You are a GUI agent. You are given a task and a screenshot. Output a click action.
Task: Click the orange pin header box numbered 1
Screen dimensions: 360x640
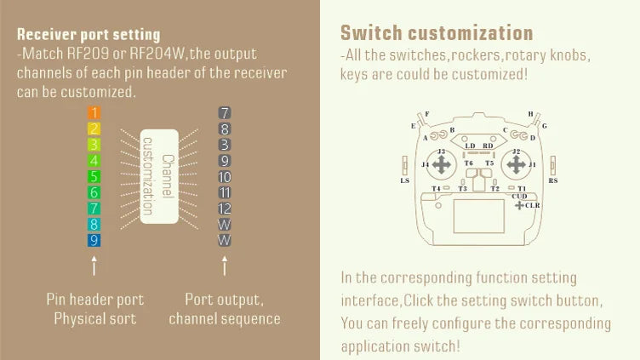tap(94, 112)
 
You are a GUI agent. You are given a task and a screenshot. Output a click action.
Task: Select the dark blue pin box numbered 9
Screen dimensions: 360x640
tap(94, 241)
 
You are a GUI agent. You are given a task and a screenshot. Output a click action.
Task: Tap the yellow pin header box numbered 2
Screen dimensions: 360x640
tap(94, 129)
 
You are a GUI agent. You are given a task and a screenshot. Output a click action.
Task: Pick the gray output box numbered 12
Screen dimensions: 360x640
tap(225, 209)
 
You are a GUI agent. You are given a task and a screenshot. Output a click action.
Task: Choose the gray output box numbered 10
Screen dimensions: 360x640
tap(225, 177)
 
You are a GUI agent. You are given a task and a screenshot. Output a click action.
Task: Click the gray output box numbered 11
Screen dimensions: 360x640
tap(225, 193)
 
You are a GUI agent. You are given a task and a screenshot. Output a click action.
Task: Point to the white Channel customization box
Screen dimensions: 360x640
tap(159, 176)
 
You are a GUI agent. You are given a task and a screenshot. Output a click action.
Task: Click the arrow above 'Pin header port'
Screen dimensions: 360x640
tap(94, 266)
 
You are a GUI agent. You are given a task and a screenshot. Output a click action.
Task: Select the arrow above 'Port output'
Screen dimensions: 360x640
tap(225, 266)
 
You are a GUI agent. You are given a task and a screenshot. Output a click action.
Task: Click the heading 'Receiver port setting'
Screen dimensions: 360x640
tap(89, 35)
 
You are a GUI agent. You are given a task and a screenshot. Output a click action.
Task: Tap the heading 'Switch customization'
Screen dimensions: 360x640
tap(437, 33)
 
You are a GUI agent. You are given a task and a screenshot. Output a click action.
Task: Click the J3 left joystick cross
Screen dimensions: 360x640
tap(440, 164)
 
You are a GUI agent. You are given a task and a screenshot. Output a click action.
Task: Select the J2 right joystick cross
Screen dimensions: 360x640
tap(516, 163)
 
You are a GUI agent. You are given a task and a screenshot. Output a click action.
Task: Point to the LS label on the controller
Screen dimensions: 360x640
tap(404, 180)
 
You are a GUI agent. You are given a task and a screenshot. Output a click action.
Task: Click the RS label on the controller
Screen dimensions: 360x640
tap(553, 180)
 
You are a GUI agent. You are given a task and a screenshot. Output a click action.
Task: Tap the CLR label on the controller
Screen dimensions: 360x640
tap(532, 205)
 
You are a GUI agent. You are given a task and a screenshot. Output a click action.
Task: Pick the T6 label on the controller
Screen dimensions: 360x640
tap(468, 163)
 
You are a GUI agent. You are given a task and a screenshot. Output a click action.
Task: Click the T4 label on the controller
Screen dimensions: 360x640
tap(436, 188)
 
